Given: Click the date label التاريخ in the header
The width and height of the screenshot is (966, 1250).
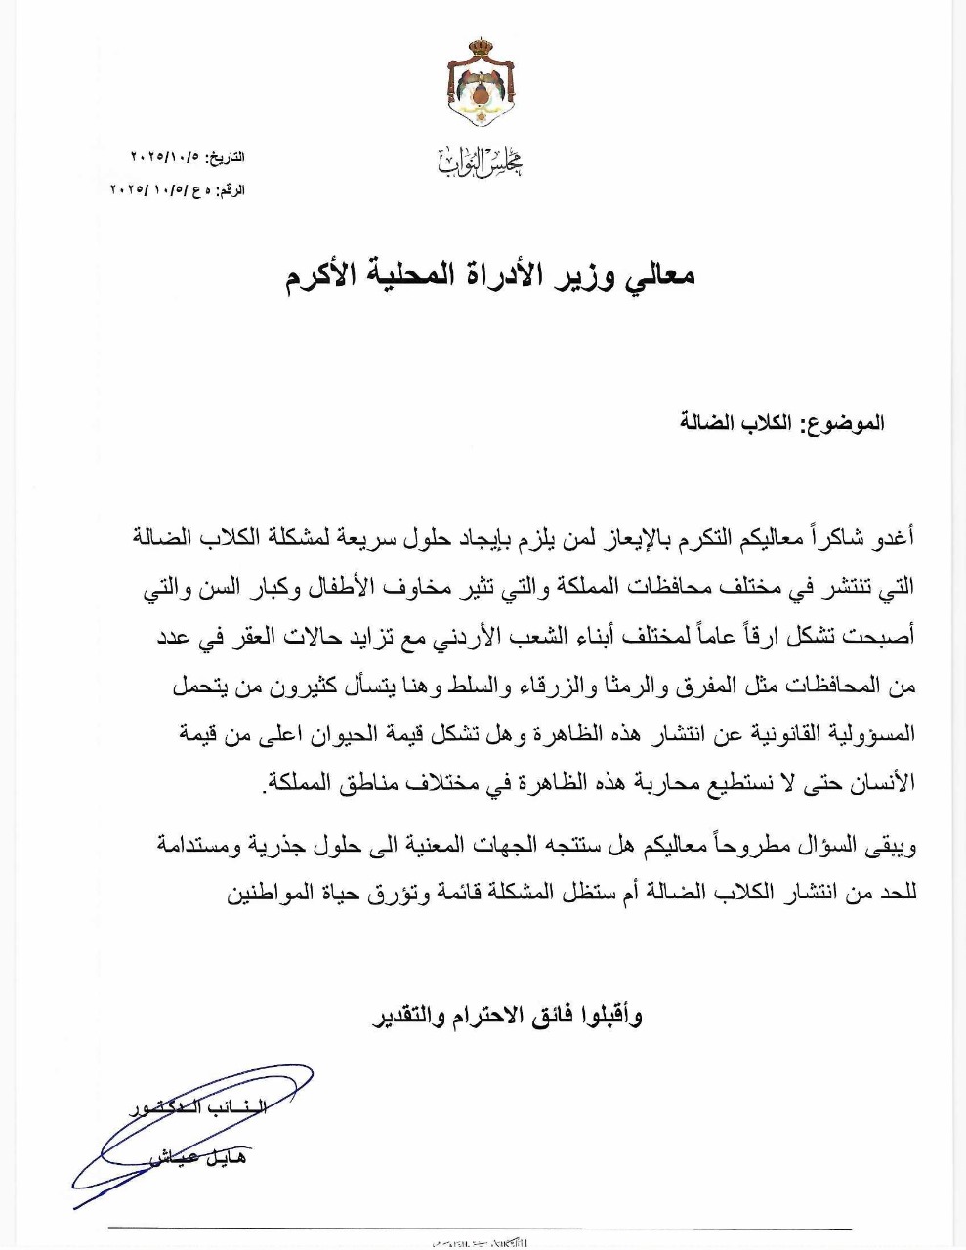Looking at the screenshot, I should pyautogui.click(x=225, y=157).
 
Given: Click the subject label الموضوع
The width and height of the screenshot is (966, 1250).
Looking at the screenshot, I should pyautogui.click(x=844, y=423).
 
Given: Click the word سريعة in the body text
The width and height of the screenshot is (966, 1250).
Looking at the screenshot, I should pyautogui.click(x=363, y=536).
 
